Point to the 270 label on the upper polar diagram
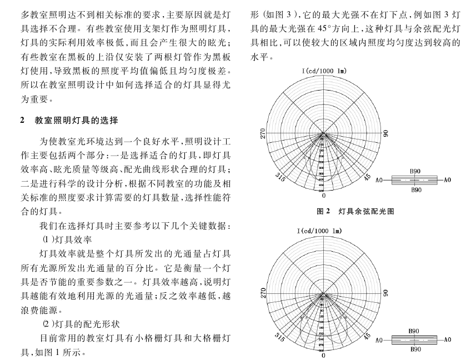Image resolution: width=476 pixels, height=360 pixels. [263, 133]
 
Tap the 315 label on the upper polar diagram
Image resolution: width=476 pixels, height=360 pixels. [280, 177]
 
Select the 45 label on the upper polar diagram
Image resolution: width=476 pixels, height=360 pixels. [367, 177]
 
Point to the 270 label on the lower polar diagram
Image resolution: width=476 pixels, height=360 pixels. [263, 293]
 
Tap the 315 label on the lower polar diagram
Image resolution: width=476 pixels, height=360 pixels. [280, 336]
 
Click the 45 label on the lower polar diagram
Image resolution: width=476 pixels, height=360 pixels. [367, 336]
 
